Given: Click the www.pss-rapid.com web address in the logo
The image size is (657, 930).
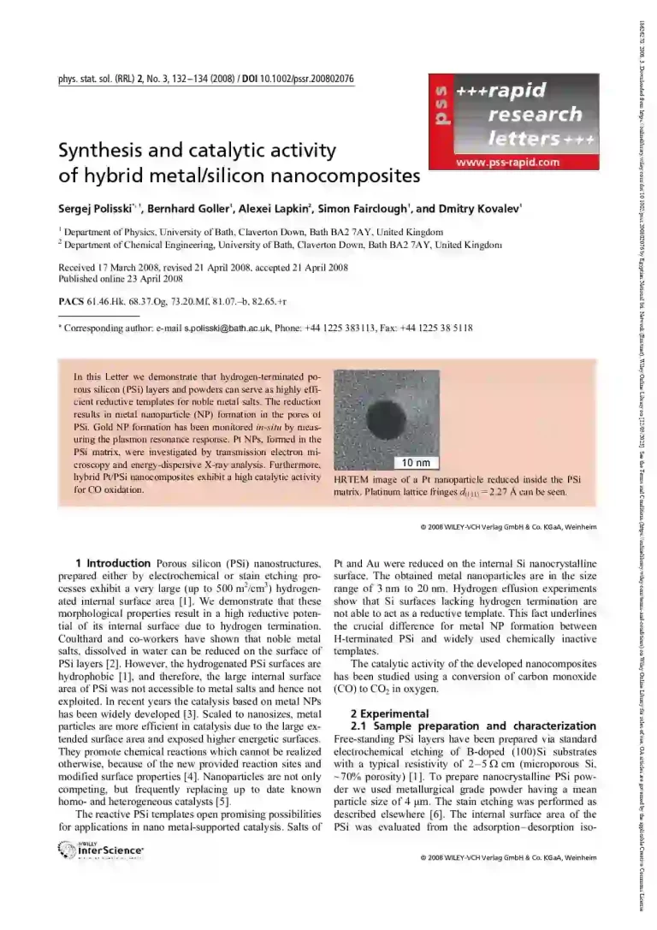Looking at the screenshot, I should [507, 162].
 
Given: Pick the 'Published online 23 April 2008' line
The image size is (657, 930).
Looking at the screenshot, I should [121, 278].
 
